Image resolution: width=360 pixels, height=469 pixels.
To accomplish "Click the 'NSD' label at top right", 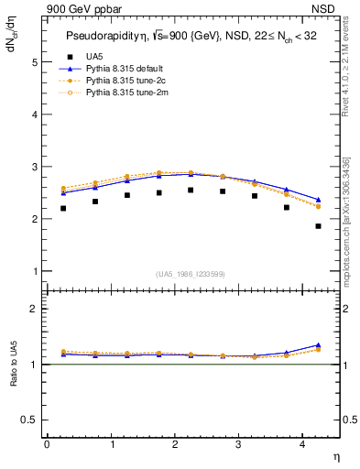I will pyautogui.click(x=324, y=9).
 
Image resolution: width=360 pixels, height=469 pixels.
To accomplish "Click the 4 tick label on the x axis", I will pyautogui.click(x=303, y=444).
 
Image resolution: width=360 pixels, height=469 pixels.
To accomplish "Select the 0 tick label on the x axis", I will pyautogui.click(x=47, y=444).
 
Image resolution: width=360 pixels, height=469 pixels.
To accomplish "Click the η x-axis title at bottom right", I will pyautogui.click(x=335, y=455).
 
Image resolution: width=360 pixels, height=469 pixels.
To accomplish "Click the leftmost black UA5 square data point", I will pyautogui.click(x=63, y=209).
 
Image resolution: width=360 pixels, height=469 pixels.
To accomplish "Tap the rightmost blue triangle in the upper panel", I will pyautogui.click(x=319, y=200).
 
